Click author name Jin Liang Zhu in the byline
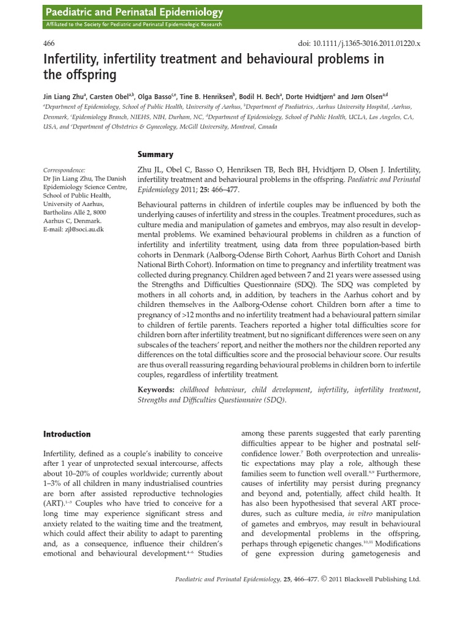(65, 96)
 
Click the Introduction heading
(67, 434)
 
